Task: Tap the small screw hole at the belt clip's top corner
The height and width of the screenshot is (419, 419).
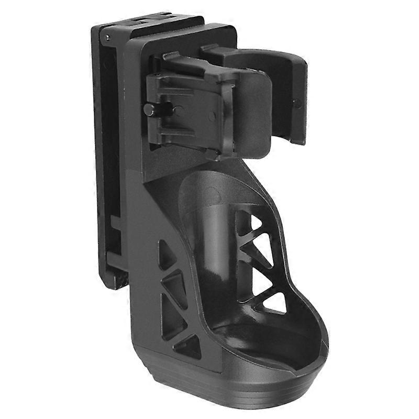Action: pyautogui.click(x=107, y=38)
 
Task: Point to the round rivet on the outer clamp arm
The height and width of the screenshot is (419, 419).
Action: pyautogui.click(x=297, y=103)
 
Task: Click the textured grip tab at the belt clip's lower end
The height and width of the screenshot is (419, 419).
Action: pyautogui.click(x=118, y=275)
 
